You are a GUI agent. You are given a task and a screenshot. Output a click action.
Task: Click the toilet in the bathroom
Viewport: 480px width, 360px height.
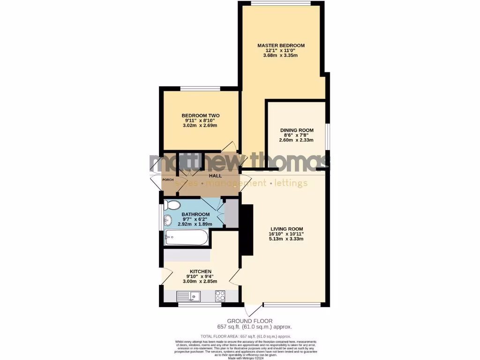coord(173,206)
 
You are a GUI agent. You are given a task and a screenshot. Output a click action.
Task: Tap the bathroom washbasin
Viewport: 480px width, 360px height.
coord(168,220)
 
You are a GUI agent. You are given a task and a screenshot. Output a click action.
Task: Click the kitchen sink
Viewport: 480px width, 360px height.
coord(189,296)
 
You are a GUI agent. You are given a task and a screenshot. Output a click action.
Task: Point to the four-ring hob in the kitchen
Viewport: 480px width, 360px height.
coord(219,296)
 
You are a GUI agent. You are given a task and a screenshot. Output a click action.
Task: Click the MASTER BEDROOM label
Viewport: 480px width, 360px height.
coord(281,45)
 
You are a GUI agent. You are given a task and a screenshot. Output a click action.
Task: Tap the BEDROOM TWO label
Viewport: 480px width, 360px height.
coord(201,116)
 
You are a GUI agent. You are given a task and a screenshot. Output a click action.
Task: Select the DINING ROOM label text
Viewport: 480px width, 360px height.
coord(297,130)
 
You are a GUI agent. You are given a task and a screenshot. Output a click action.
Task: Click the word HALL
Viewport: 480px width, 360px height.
coord(215,176)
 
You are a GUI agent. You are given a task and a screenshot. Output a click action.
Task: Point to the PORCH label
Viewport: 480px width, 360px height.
coord(168,180)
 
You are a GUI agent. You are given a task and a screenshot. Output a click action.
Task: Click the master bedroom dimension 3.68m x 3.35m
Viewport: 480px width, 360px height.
coord(281,55)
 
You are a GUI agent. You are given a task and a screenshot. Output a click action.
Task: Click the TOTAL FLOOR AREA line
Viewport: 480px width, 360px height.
coord(246,337)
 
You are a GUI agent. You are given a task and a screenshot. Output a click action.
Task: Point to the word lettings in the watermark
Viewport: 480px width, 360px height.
coord(291,183)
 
